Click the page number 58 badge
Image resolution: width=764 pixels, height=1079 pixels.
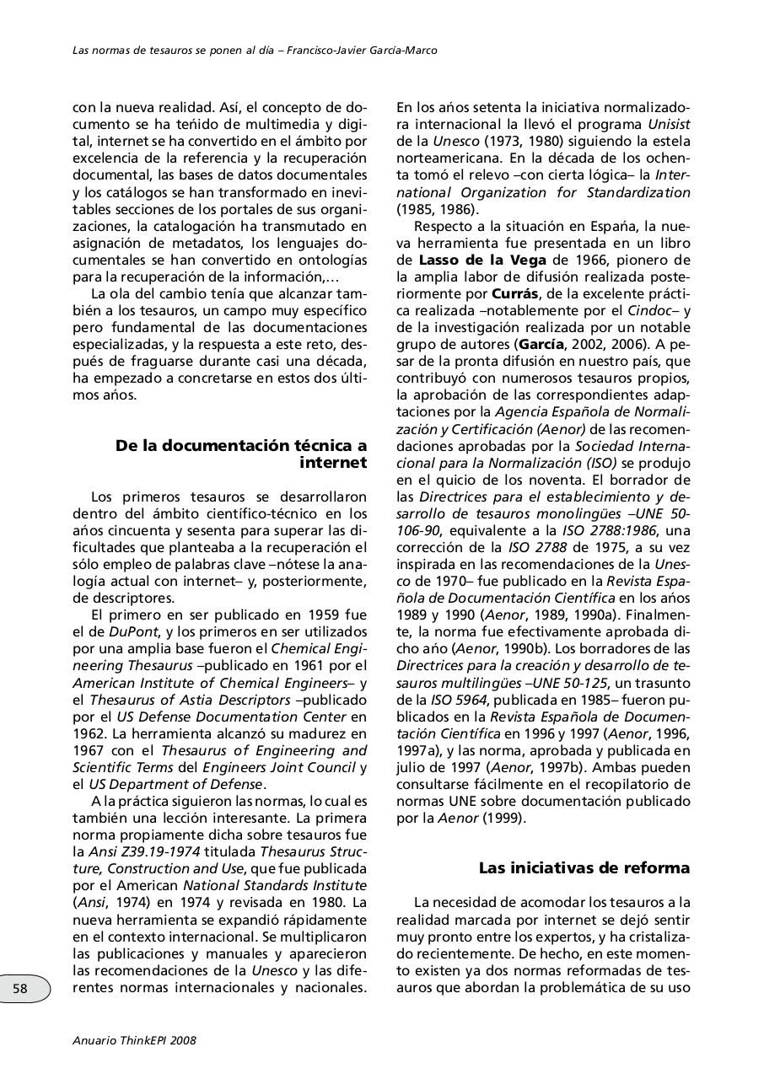tap(21, 989)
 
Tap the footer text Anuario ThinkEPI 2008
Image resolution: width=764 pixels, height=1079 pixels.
tap(134, 1040)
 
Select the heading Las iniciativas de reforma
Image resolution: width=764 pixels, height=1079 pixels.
tap(584, 868)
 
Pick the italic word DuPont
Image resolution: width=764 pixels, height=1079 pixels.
tap(131, 631)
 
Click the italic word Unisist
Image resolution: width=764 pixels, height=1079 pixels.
tap(668, 124)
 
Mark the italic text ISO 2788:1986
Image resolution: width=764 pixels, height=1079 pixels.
tap(607, 530)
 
